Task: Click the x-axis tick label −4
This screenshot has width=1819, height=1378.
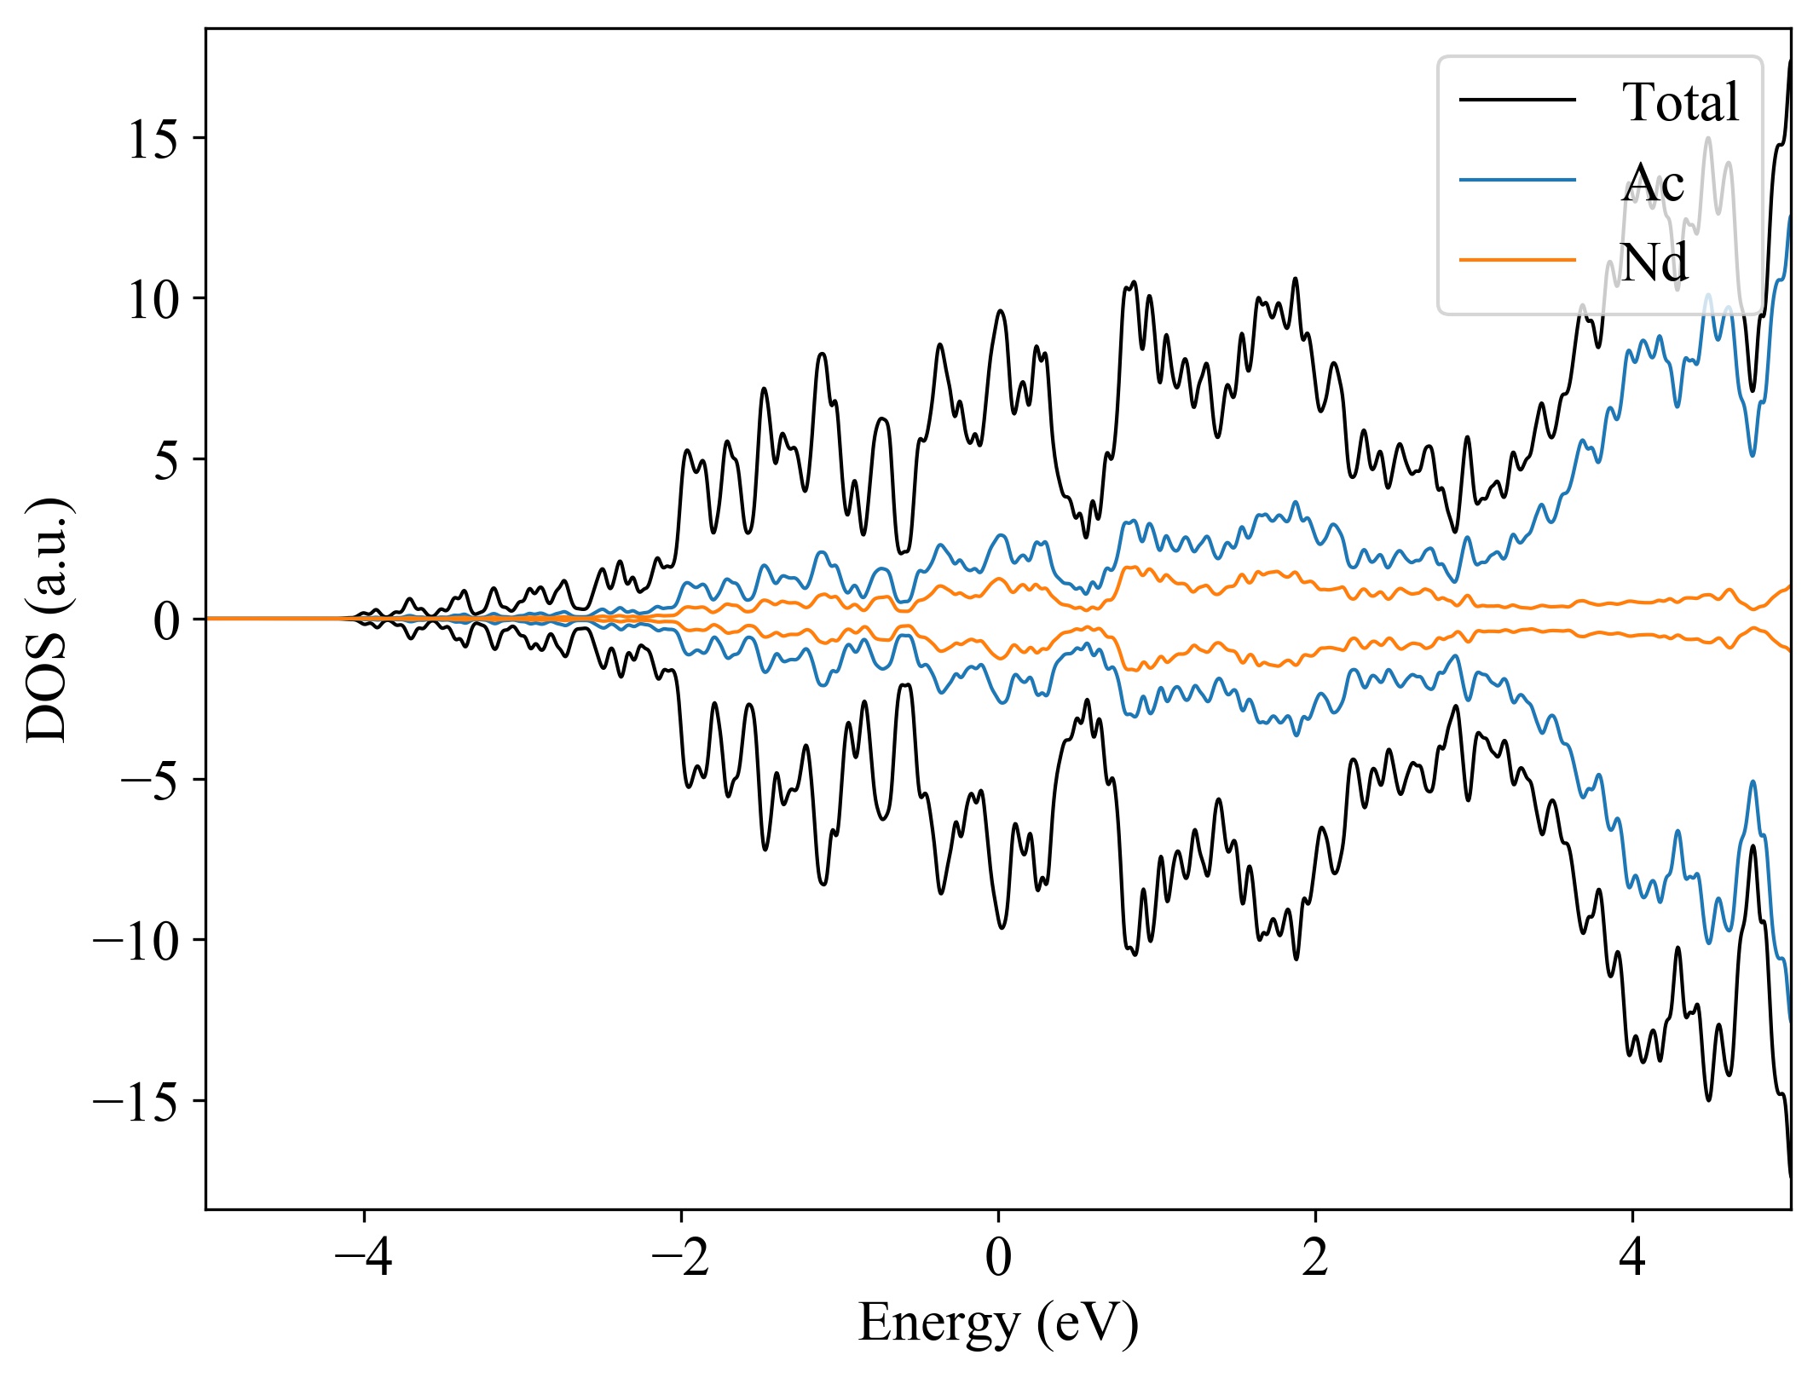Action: coord(363,1258)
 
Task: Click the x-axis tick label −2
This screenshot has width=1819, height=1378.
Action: coord(680,1258)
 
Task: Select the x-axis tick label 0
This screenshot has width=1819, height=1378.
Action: coord(998,1258)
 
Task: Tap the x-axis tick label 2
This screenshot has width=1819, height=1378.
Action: coord(1315,1258)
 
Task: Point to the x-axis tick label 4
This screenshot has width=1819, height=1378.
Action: coord(1632,1258)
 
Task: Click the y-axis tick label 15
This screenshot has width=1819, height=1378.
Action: coord(153,139)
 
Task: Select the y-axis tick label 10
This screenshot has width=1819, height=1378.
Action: coord(153,299)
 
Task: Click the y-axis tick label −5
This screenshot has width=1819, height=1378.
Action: coord(149,780)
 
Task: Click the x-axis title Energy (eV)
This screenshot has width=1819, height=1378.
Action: coord(998,1323)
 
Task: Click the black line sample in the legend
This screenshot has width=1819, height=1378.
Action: coord(1517,100)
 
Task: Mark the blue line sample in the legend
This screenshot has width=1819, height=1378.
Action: coord(1517,180)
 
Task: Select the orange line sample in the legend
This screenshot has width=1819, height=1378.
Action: coord(1517,259)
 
